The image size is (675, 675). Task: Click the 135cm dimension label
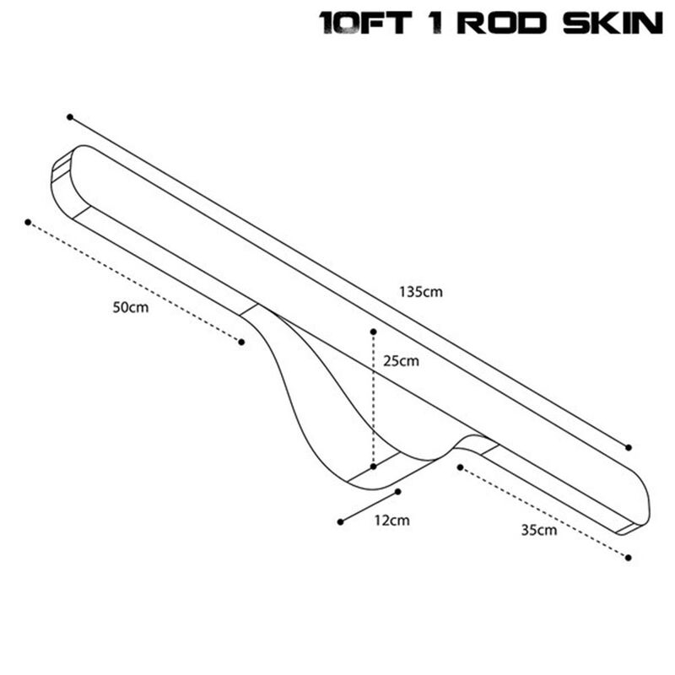[x=420, y=292]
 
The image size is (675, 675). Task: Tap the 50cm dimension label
[x=131, y=307]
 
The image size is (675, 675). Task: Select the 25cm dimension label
[x=401, y=361]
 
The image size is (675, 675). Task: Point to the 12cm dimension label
[x=391, y=521]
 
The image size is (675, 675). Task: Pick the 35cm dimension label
[x=539, y=530]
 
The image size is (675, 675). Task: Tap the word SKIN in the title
[x=613, y=23]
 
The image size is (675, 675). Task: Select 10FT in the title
[x=365, y=23]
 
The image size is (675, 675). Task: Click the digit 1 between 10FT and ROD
[x=435, y=23]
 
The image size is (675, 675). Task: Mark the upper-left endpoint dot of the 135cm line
[x=70, y=117]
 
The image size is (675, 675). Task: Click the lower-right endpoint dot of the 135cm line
[x=629, y=448]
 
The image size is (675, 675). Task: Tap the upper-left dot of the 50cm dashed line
[x=28, y=222]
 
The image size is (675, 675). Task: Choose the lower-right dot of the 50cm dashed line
[x=241, y=342]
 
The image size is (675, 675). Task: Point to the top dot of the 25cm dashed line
[x=373, y=332]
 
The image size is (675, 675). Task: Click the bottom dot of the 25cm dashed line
[x=373, y=467]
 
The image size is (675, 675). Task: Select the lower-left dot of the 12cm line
[x=341, y=522]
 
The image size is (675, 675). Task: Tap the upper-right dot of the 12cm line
[x=397, y=492]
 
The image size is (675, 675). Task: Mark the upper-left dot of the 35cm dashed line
[x=460, y=467]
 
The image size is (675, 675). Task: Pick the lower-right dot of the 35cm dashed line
[x=629, y=558]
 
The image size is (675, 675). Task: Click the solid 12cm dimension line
[x=370, y=507]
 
